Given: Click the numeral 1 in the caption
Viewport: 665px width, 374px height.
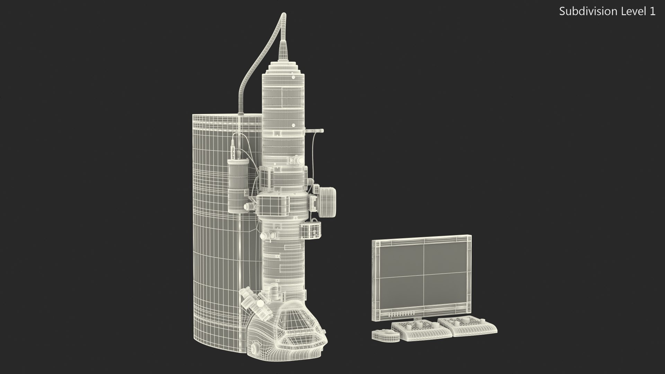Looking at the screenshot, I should click(652, 11).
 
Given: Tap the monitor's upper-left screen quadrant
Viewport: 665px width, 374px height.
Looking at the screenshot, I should click(402, 261).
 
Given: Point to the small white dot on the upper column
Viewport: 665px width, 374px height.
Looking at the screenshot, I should click(293, 125).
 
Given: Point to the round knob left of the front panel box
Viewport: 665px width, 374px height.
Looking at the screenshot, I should click(247, 206).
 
